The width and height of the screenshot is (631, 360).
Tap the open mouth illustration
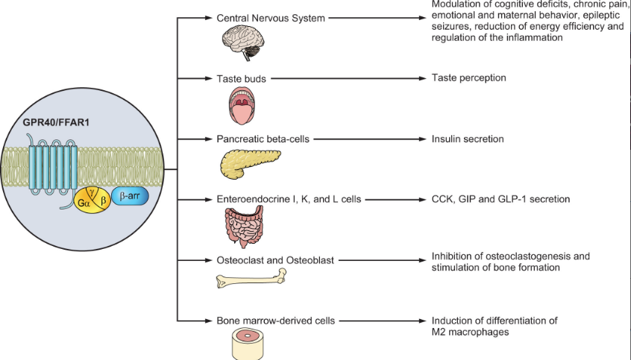coord(243,104)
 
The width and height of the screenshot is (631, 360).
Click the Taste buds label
coord(242,78)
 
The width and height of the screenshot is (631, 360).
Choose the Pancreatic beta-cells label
coord(263,139)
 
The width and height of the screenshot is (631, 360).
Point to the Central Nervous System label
coord(270,17)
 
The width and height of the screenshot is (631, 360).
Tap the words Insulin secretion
coord(468,139)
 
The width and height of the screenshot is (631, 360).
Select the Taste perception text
coord(469,78)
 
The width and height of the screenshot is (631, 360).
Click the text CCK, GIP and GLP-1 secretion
coord(500,199)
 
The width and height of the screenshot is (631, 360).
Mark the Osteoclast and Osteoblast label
coord(274,260)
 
